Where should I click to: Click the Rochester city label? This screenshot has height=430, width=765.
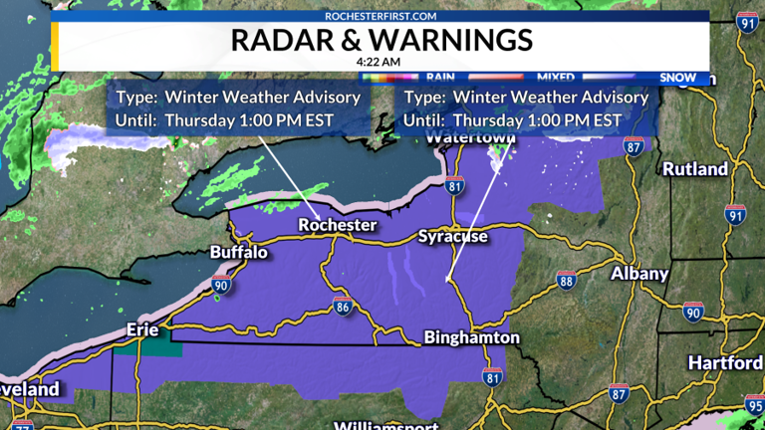coord(338,225)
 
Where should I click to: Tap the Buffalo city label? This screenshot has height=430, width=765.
coord(239,253)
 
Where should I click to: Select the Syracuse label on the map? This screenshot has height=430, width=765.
coord(452,237)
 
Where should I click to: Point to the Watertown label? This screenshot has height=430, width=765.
coord(467,139)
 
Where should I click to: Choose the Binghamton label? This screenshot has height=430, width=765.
coord(471,338)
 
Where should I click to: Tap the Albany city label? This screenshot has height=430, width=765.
coord(639,273)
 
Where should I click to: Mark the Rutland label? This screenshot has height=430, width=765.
coord(695,169)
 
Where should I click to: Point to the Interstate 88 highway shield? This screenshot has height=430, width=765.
coord(567,281)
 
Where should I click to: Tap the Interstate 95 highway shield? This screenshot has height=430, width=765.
coord(754,408)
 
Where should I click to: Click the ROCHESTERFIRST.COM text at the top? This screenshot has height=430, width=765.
coord(382,16)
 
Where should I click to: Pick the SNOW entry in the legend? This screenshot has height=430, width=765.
coord(677,77)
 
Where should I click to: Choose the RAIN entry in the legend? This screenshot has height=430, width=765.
coord(440,77)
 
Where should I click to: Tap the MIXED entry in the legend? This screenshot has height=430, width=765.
coord(555,77)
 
